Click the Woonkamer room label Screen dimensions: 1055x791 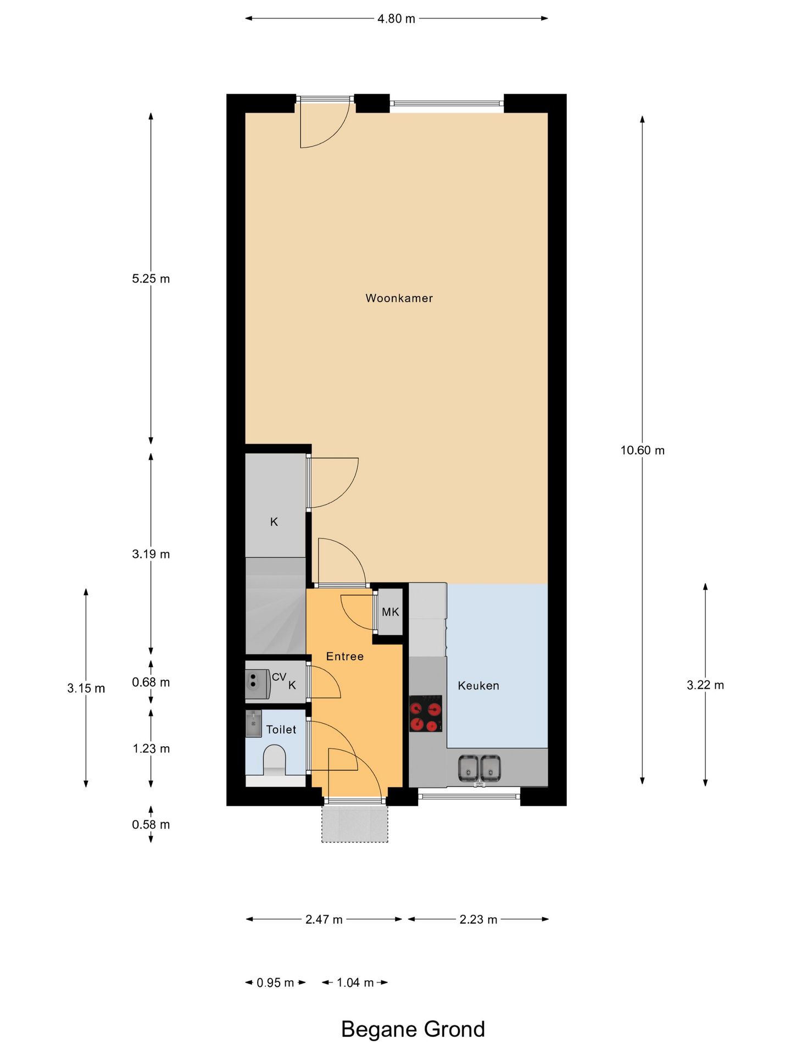point(399,298)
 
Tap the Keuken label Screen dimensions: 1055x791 point(478,685)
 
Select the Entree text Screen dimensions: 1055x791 point(344,656)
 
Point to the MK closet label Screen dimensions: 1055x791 point(390,612)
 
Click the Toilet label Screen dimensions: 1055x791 point(281,729)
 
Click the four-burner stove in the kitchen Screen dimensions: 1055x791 point(425,714)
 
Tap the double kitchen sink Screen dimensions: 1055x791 point(480,768)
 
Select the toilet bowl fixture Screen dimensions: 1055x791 point(275,760)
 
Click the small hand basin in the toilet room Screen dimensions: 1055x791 point(253,724)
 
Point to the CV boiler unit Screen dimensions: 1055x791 point(257,684)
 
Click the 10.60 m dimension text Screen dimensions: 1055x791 point(642,451)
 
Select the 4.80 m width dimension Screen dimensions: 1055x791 point(396,19)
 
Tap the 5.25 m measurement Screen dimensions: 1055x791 point(151,279)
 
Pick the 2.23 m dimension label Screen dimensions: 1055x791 point(478,919)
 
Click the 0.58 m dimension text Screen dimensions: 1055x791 point(151,824)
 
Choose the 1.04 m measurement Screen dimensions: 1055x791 point(355,982)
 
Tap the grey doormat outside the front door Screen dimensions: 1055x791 point(355,824)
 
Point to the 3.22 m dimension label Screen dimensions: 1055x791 point(705,685)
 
